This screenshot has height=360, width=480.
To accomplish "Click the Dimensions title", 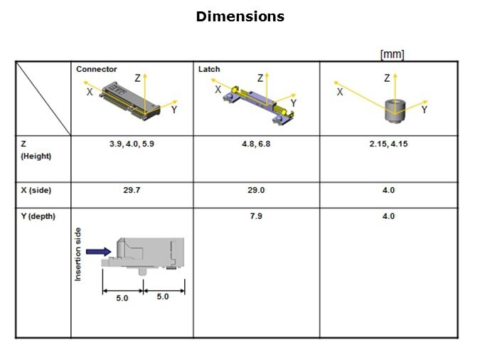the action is tap(240, 16).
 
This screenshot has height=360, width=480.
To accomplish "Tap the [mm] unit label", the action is tap(392, 55).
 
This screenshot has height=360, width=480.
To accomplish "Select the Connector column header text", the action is tap(97, 69).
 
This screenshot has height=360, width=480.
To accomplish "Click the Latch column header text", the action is tap(209, 69).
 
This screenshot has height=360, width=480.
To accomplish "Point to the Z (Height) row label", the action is tap(36, 150).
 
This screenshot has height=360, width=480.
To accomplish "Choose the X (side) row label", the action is tap(36, 190).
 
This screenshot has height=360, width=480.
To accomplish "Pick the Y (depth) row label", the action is tap(38, 216).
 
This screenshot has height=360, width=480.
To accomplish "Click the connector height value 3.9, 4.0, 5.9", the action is tap(132, 144).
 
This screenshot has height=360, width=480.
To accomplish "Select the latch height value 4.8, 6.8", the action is tap(256, 144).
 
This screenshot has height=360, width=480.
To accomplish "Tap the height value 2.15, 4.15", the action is tap(388, 144).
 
